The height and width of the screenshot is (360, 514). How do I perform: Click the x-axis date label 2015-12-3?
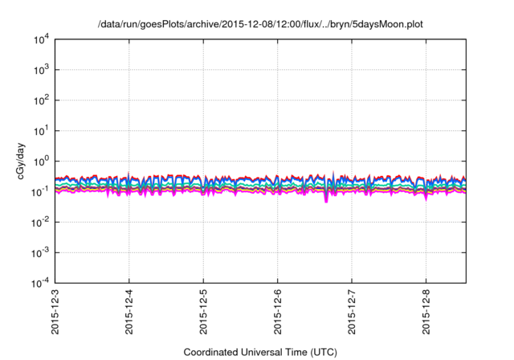(x=55, y=314)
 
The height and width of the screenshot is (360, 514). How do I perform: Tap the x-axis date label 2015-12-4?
(x=129, y=314)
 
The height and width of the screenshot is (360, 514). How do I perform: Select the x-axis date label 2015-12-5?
(x=203, y=314)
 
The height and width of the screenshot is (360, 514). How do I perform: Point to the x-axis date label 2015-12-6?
(x=278, y=314)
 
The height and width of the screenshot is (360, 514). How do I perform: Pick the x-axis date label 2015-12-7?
(x=352, y=314)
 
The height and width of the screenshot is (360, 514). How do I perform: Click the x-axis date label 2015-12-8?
(x=426, y=314)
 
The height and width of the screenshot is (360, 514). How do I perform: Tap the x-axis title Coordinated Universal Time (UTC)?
(x=259, y=352)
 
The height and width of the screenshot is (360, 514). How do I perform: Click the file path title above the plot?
(x=259, y=24)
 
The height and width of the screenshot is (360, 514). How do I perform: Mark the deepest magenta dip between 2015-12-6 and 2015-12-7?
(x=326, y=200)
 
